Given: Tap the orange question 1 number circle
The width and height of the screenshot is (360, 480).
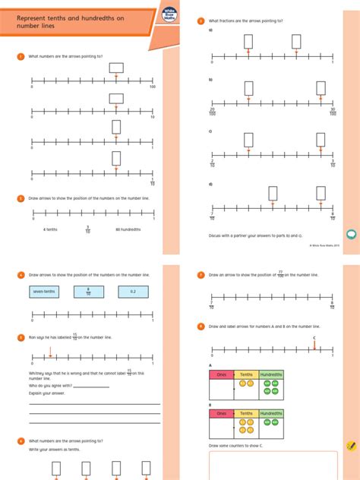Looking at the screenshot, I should pyautogui.click(x=21, y=57).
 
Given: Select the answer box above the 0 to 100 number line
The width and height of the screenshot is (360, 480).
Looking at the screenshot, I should pyautogui.click(x=116, y=68).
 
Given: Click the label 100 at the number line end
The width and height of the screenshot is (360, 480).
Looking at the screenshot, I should pyautogui.click(x=153, y=87).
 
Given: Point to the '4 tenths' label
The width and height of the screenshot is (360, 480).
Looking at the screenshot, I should pyautogui.click(x=51, y=228).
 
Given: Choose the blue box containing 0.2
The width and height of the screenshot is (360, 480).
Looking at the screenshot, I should pyautogui.click(x=132, y=291).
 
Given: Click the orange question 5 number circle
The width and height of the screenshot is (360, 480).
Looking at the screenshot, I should pyautogui.click(x=21, y=337).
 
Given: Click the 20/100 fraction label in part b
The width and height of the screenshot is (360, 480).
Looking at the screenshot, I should pyautogui.click(x=213, y=112).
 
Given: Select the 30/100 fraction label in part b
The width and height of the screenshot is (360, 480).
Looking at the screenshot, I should pyautogui.click(x=332, y=112).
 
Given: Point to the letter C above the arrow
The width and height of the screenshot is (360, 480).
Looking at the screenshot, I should pyautogui.click(x=314, y=338).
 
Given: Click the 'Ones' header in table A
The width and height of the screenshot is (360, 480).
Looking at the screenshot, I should pyautogui.click(x=221, y=374).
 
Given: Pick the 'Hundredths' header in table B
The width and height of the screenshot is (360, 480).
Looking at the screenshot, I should pyautogui.click(x=271, y=414).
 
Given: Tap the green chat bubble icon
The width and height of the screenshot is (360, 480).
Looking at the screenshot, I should pyautogui.click(x=351, y=233).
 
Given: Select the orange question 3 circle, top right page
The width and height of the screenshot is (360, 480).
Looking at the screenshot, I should pyautogui.click(x=201, y=21).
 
